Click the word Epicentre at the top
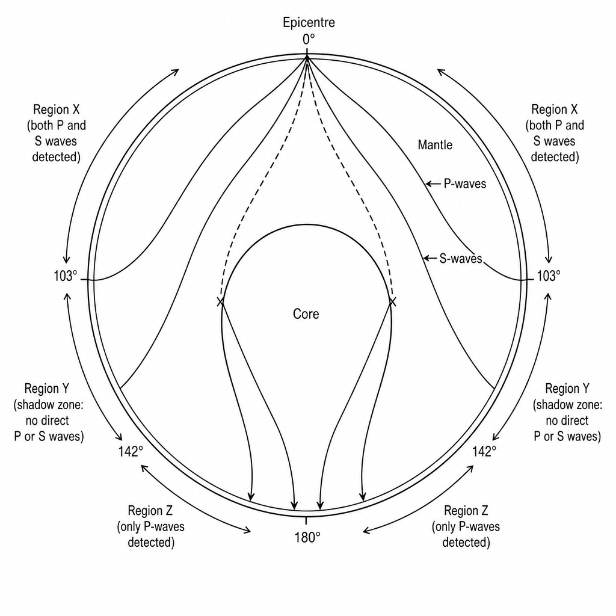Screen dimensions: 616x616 coord(309,22)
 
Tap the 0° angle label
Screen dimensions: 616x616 coord(309,39)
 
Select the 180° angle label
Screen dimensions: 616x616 coord(307,537)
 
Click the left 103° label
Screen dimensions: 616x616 coord(65,276)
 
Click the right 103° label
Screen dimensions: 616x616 coord(549,276)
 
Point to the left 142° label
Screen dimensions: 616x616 coord(131,451)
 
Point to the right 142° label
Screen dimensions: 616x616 coord(484,451)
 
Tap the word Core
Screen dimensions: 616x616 coord(306,314)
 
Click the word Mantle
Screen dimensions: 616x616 coord(435,145)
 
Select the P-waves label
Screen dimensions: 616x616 coord(465,183)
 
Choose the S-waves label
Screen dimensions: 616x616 coord(460,258)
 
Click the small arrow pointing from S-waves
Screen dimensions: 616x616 coord(430,258)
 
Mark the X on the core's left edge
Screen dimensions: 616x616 coord(221,302)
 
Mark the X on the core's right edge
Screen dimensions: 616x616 coord(392,302)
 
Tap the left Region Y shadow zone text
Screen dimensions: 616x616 coord(49,413)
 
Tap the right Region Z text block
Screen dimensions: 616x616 coord(466,526)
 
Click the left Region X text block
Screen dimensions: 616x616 coord(56,133)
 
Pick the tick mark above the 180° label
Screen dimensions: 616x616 coord(306,520)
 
